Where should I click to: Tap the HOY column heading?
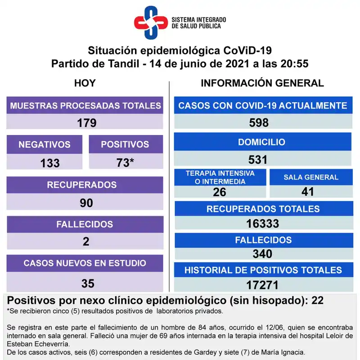tap(85, 83)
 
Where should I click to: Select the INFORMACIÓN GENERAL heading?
tap(262, 83)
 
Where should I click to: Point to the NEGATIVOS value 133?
tap(49, 162)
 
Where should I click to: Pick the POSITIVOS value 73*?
tap(125, 162)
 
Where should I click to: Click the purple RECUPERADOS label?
tap(85, 184)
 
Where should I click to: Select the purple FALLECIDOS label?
tap(85, 224)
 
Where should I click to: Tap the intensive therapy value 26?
tap(220, 192)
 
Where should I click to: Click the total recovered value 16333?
tap(262, 224)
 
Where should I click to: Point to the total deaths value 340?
tap(262, 254)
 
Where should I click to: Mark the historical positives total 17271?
tap(262, 285)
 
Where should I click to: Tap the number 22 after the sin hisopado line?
tap(317, 301)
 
